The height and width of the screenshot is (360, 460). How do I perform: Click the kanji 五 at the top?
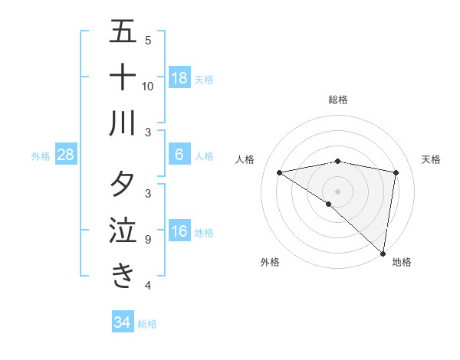point(123,32)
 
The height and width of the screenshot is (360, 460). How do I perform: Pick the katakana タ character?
point(123,184)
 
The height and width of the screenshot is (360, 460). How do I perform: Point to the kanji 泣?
point(123,230)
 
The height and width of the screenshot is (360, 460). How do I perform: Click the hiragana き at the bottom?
point(123,275)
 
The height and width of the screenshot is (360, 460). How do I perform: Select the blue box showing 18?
point(179,78)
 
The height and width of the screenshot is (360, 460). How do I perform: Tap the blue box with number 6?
point(179,155)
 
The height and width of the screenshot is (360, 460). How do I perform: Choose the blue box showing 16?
point(179,232)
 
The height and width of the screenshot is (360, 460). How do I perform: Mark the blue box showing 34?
point(122,322)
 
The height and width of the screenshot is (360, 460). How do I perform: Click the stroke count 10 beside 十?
point(148,86)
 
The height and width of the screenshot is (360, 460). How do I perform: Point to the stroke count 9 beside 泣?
point(147,240)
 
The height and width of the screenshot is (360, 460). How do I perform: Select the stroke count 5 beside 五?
point(148,40)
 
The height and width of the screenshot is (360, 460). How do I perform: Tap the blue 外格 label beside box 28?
point(41,156)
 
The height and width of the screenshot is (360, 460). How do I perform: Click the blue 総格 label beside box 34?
point(147,323)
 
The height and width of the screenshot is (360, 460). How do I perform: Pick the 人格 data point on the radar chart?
point(279,172)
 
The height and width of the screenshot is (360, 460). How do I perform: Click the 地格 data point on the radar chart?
point(383,252)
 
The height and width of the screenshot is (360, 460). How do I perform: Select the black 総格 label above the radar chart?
point(338,100)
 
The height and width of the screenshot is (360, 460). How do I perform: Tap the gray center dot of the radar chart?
point(337,191)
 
